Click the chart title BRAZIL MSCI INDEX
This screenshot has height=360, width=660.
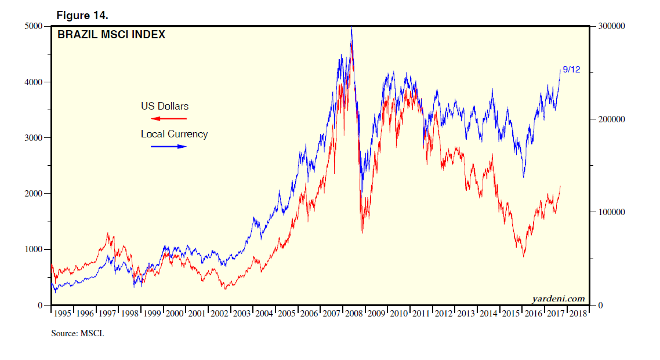pyautogui.click(x=111, y=35)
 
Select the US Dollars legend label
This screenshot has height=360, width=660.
pyautogui.click(x=165, y=106)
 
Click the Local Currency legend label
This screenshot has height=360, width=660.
pyautogui.click(x=174, y=134)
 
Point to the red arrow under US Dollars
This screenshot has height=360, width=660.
pyautogui.click(x=169, y=118)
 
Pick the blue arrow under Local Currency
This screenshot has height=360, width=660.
pyautogui.click(x=169, y=147)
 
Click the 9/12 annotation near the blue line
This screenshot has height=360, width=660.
pyautogui.click(x=571, y=70)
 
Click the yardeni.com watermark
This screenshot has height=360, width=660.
pyautogui.click(x=559, y=299)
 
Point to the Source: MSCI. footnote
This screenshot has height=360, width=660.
pyautogui.click(x=77, y=334)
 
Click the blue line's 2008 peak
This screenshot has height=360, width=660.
pyautogui.click(x=351, y=28)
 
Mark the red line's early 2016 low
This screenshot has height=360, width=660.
pyautogui.click(x=524, y=256)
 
